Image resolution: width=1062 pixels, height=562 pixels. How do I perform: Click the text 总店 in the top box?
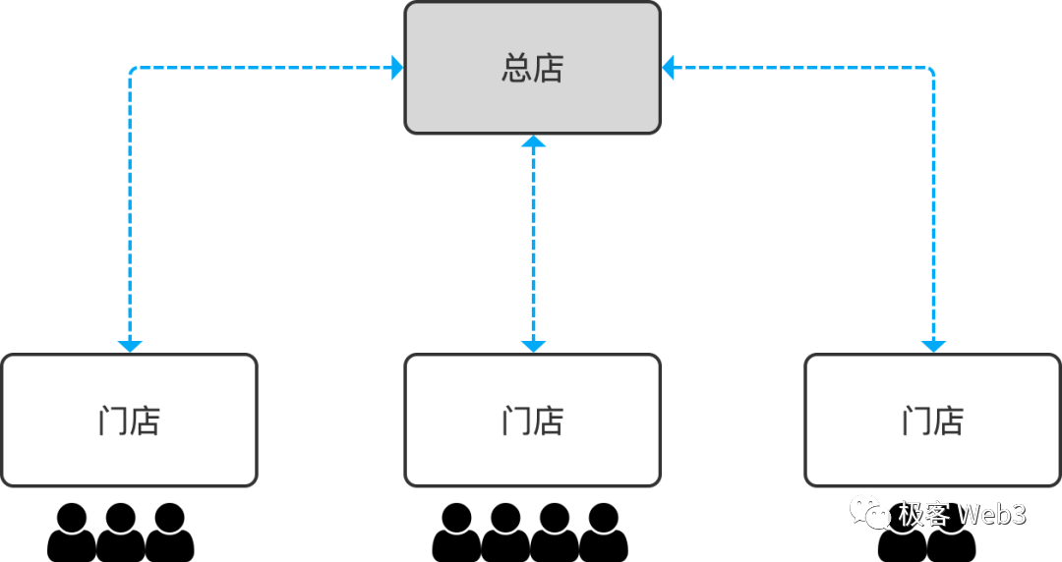pyautogui.click(x=532, y=69)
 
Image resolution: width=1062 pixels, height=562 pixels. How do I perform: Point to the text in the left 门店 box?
pyautogui.click(x=129, y=421)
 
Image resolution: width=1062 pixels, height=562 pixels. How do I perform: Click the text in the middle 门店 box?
pyautogui.click(x=532, y=421)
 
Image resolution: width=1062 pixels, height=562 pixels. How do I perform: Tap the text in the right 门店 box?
pyautogui.click(x=932, y=421)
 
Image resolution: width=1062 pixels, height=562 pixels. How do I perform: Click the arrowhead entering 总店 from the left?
pyautogui.click(x=396, y=68)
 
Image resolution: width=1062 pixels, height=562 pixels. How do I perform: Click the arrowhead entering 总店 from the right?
pyautogui.click(x=669, y=68)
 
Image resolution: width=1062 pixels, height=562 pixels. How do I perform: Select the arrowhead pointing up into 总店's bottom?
pyautogui.click(x=533, y=142)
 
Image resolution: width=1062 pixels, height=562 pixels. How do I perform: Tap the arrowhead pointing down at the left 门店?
pyautogui.click(x=130, y=346)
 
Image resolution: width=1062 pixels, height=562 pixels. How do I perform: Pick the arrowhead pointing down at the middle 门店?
pyautogui.click(x=533, y=346)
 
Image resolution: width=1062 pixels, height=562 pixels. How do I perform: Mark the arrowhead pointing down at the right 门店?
pyautogui.click(x=933, y=346)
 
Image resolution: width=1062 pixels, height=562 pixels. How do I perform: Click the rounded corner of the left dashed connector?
pyautogui.click(x=133, y=71)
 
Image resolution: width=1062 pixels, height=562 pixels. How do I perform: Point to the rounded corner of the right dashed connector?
pyautogui.click(x=930, y=71)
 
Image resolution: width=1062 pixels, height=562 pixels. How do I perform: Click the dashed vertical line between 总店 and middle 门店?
pyautogui.click(x=533, y=246)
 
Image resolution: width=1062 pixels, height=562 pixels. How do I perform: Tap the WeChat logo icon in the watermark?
pyautogui.click(x=870, y=512)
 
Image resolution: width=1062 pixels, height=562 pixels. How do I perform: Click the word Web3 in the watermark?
pyautogui.click(x=991, y=513)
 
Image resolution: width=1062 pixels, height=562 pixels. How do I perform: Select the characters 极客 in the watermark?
pyautogui.click(x=922, y=513)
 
